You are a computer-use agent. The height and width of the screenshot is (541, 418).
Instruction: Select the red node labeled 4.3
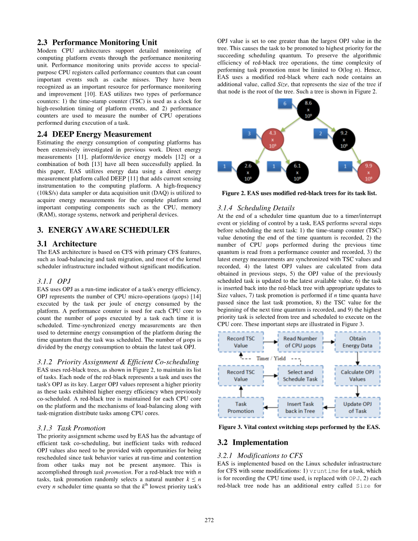[272, 139]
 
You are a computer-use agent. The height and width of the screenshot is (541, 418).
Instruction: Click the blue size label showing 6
[285, 103]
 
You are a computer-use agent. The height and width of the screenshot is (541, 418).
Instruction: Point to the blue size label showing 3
[249, 133]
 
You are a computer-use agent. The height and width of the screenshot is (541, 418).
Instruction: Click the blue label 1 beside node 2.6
[225, 166]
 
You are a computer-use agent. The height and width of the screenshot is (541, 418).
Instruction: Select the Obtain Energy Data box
[357, 342]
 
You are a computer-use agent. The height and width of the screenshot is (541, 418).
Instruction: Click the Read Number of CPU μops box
[300, 342]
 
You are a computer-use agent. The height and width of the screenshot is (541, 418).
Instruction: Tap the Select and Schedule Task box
[300, 375]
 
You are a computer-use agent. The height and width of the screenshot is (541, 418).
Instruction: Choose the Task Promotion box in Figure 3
[241, 408]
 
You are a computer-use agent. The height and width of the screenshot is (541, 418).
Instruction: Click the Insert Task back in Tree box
[300, 408]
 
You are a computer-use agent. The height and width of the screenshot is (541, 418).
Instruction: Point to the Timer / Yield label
[271, 358]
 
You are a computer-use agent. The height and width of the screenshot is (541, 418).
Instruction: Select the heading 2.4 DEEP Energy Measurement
[94, 134]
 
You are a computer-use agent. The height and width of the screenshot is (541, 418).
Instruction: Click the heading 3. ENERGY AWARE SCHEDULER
[103, 230]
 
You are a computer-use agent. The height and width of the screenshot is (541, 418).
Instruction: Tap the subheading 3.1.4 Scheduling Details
[256, 208]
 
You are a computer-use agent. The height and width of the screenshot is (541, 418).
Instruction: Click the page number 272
[209, 520]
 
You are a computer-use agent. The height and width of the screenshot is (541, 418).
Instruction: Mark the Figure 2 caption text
[299, 193]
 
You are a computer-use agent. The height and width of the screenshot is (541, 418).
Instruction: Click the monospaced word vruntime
[324, 471]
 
